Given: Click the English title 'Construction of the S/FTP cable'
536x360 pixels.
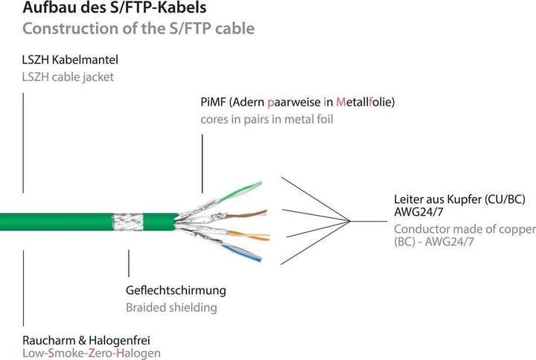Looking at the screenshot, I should coord(138,29).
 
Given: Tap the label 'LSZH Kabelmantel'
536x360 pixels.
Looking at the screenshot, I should coord(71,59).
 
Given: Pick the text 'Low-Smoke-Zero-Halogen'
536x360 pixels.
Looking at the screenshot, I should coord(92,353).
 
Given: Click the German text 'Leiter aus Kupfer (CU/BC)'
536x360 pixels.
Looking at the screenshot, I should coord(461,199).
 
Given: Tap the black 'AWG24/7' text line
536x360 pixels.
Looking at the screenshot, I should coord(418,213).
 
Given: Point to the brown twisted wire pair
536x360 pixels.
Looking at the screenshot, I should coord(238,202).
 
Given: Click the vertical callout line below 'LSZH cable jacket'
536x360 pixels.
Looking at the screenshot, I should coord(24,141).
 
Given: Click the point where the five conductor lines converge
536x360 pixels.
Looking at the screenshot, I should coord(351,219).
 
